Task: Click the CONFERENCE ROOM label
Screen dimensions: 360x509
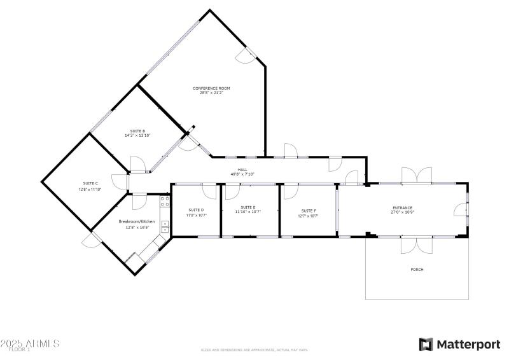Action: (211, 88)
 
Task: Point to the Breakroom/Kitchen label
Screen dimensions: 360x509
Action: (137, 221)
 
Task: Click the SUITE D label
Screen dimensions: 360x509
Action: (196, 210)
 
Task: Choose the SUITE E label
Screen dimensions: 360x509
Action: (248, 207)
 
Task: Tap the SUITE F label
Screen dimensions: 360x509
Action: (309, 210)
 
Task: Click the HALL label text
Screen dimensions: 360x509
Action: (242, 170)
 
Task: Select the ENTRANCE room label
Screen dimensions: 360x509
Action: (402, 207)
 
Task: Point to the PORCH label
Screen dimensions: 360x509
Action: (417, 270)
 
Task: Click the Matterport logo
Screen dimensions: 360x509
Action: (459, 344)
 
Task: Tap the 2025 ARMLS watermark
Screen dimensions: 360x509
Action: (30, 343)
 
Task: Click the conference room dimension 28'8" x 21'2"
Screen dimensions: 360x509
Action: (211, 92)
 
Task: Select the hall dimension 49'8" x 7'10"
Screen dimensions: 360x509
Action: (242, 174)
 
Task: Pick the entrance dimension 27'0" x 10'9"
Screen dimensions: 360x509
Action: (402, 212)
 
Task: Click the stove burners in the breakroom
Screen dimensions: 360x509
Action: (164, 201)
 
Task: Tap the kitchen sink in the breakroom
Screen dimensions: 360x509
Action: (164, 226)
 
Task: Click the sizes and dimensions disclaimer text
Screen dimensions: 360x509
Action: (254, 350)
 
